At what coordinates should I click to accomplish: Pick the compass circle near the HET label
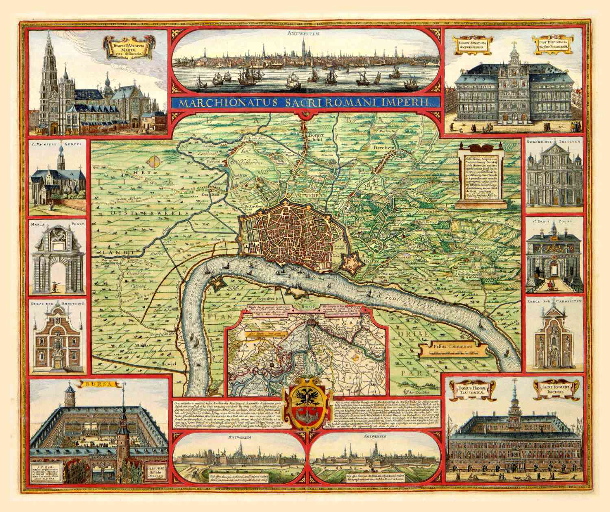(x=154, y=162)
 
